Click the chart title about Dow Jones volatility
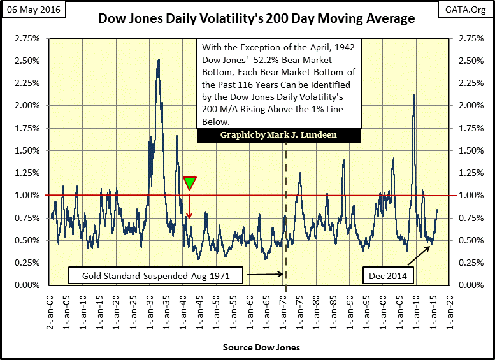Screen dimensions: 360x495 point(255,19)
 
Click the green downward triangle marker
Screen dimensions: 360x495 point(189,184)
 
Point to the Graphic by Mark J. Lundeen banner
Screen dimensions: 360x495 point(280,136)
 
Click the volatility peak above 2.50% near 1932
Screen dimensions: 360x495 point(158,59)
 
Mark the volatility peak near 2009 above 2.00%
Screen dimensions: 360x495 point(414,95)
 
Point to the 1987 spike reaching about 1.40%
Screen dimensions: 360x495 point(344,161)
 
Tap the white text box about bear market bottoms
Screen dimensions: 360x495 point(280,83)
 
